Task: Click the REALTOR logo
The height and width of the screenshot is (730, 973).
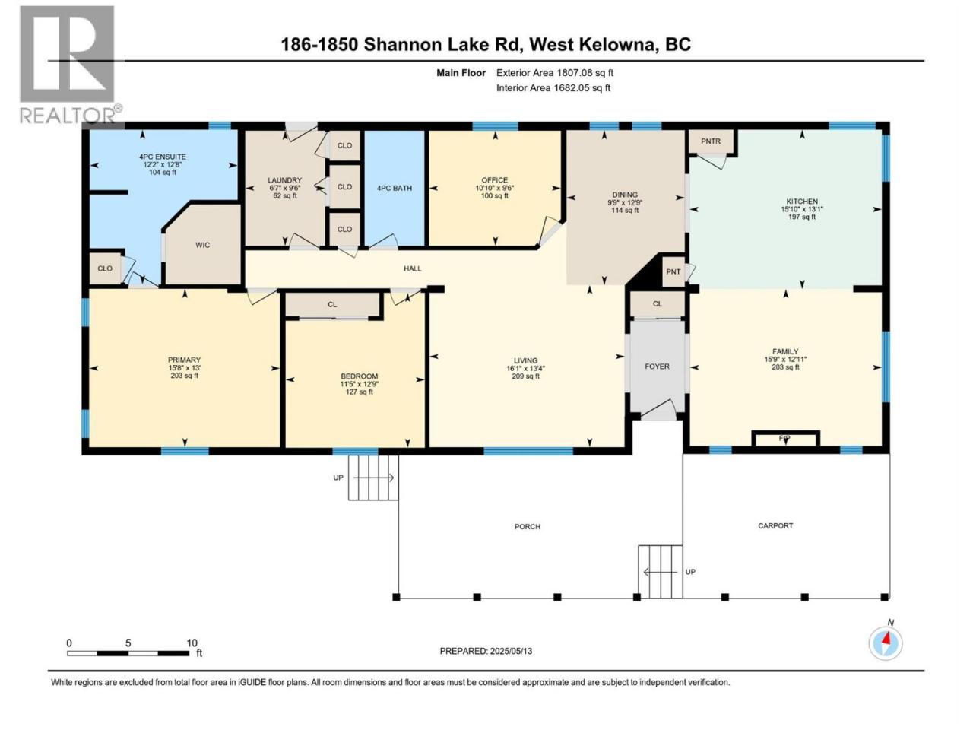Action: pos(70,65)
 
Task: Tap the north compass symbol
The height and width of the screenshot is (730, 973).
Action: pos(886,643)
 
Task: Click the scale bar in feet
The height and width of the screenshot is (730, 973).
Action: pos(128,653)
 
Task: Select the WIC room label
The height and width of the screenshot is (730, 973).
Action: pos(202,245)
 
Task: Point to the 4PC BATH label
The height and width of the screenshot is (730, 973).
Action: pos(394,188)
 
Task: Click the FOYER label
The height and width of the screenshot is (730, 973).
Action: pos(657,367)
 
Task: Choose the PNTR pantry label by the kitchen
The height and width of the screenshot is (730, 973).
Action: pos(711,141)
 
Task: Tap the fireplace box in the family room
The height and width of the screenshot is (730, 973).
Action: pos(785,439)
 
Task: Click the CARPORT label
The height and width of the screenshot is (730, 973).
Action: pos(775,525)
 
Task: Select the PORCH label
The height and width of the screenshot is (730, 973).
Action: pos(527,526)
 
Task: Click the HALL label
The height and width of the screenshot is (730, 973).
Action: pos(412,268)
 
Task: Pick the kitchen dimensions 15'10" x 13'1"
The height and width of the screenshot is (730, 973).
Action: pos(802,209)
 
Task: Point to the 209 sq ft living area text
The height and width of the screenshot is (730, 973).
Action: pos(526,376)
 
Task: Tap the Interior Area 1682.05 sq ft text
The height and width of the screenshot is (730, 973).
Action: pos(553,87)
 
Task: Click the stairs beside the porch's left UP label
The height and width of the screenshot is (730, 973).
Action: pos(372,478)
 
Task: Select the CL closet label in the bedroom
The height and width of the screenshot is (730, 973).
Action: pos(332,304)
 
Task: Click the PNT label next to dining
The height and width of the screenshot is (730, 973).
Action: pos(673,271)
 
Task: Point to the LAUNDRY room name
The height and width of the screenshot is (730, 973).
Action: pos(284,180)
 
